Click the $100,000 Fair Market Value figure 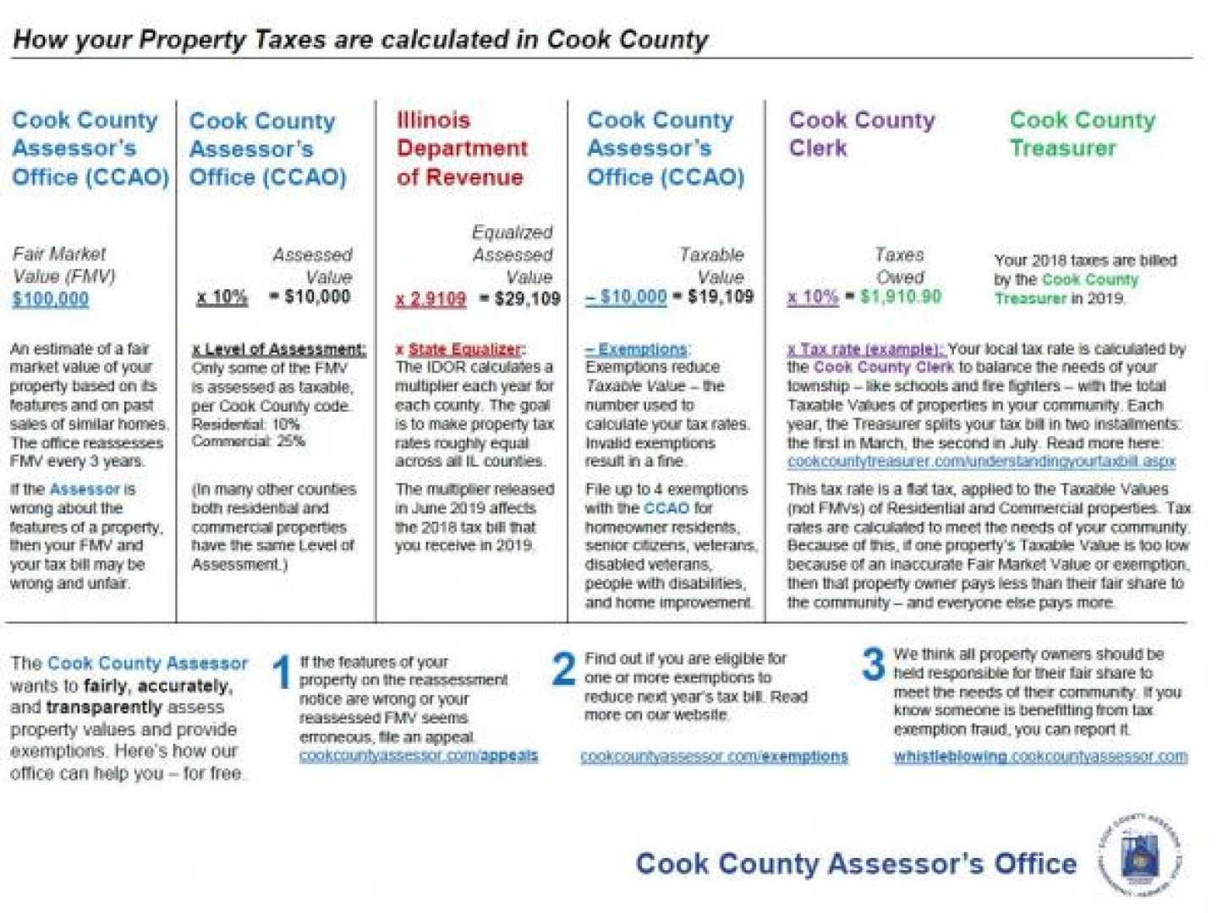51,298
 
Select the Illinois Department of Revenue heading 462,148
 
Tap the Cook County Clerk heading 861,134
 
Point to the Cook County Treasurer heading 1082,134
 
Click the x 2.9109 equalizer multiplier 431,298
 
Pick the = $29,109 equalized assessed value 520,298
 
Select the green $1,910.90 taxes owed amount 900,297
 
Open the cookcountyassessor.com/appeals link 418,755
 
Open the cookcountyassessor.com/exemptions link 714,757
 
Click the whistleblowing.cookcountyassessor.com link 1040,757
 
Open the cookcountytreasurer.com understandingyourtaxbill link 981,462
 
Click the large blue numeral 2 563,669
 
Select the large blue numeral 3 873,664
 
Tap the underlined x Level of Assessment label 279,349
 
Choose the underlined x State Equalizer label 461,349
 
